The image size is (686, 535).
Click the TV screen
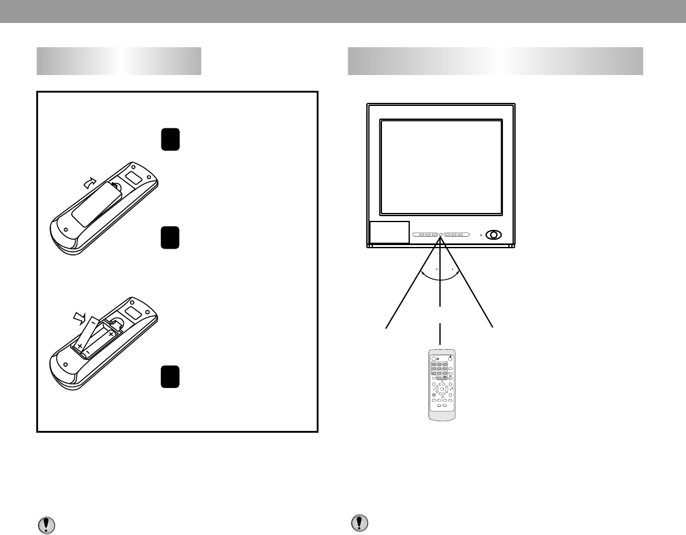(441, 166)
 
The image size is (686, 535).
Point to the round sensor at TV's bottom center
(441, 234)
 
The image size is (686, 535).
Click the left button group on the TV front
(426, 234)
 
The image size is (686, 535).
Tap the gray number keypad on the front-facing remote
(441, 370)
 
